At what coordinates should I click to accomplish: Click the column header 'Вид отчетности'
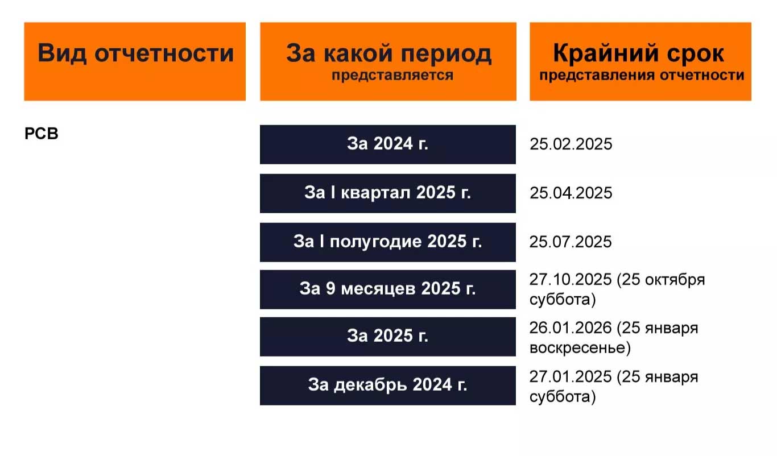(135, 53)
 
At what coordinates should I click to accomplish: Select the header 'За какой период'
(388, 53)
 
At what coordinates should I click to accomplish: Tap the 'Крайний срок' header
(639, 53)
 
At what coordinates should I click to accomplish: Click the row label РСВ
(42, 134)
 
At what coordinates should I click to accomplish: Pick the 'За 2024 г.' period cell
(388, 144)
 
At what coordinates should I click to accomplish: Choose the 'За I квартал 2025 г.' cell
(388, 193)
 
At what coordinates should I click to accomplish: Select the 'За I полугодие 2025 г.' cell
(388, 242)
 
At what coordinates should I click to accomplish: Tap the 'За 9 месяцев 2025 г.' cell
(388, 289)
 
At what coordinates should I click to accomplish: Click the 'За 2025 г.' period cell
(388, 337)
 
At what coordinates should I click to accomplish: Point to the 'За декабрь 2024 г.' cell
(388, 385)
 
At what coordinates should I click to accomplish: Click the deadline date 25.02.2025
(571, 144)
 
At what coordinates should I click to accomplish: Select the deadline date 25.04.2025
(571, 193)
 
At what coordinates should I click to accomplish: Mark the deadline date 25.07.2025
(571, 242)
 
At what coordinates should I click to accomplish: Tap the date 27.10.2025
(571, 280)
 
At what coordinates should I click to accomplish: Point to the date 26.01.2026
(571, 329)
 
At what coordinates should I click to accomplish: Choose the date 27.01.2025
(571, 377)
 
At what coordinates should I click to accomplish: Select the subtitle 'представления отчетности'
(642, 76)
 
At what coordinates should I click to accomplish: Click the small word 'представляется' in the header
(392, 76)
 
